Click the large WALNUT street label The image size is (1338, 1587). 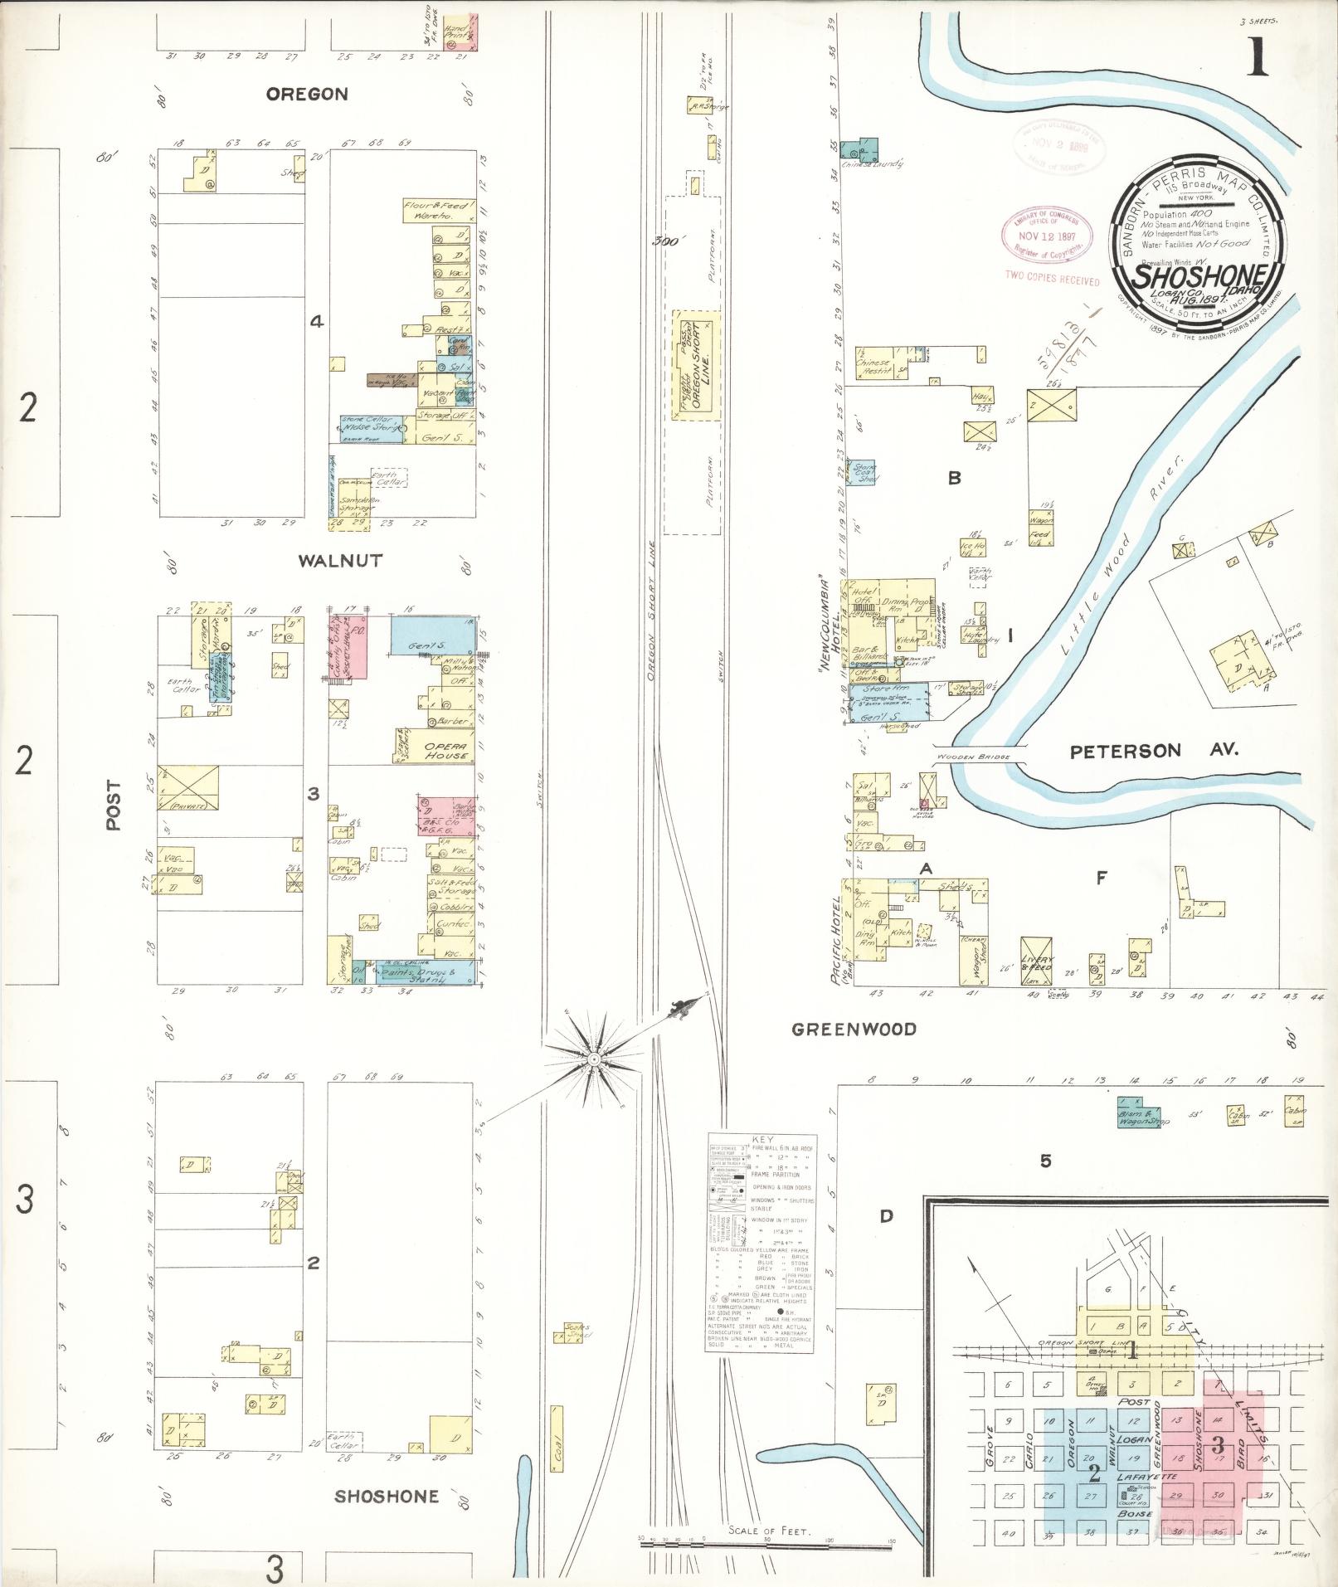[x=340, y=561]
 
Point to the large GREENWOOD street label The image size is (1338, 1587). [x=854, y=1030]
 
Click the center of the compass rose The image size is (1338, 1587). [x=594, y=1059]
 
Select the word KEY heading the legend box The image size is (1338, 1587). [x=760, y=1141]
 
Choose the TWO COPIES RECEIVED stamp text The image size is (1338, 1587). [x=1052, y=280]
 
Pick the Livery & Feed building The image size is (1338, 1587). [x=1038, y=961]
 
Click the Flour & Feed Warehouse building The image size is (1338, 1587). [x=438, y=210]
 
